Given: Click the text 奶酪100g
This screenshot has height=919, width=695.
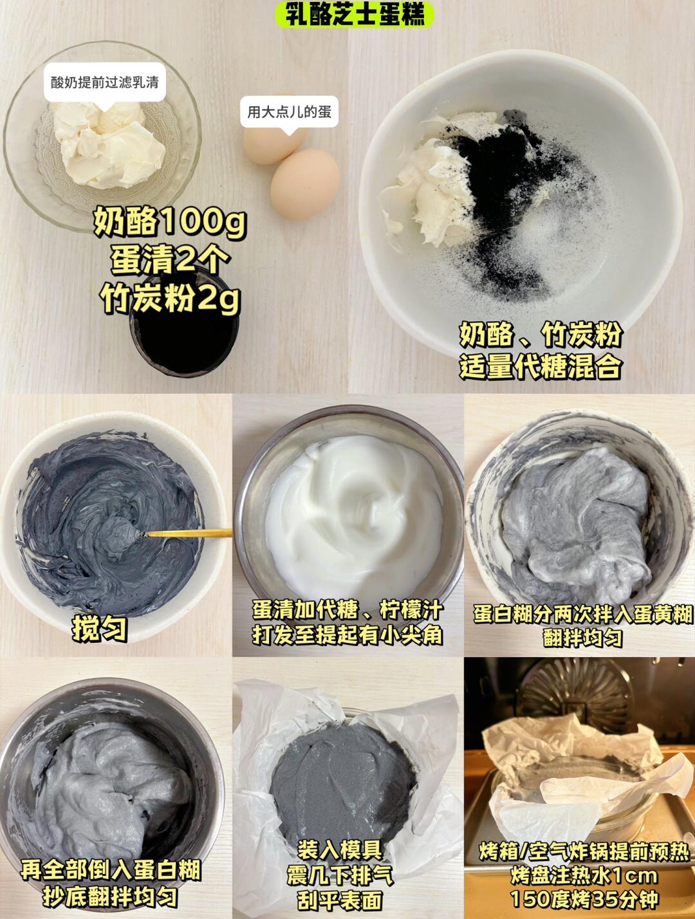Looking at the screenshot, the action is [x=169, y=222].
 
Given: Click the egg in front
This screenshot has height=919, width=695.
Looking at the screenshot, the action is [x=305, y=184].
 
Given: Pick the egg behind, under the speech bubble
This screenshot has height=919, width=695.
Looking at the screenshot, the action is [x=274, y=142].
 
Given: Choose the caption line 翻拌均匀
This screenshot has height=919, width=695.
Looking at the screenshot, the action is [x=582, y=638].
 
